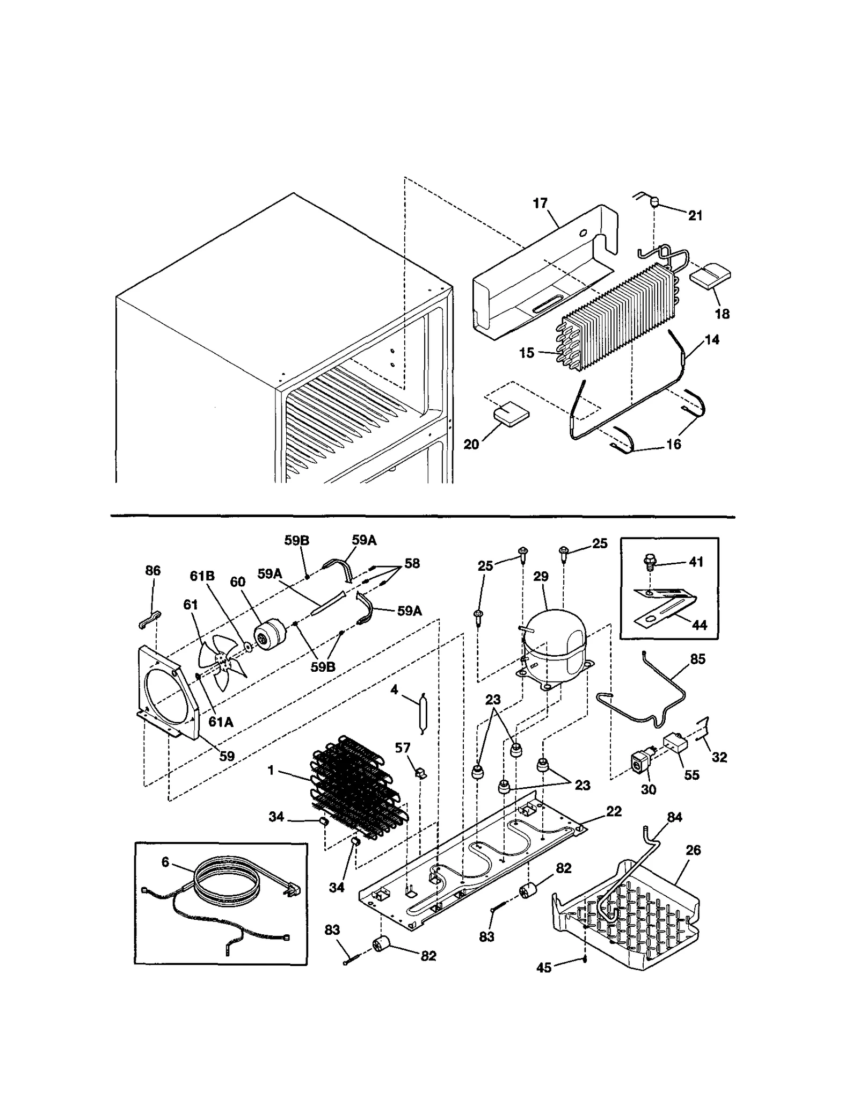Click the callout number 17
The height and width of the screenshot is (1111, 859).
point(540,203)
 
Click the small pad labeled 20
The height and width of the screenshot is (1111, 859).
point(511,415)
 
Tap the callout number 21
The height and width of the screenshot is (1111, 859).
point(695,215)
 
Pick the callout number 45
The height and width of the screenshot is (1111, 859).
point(544,968)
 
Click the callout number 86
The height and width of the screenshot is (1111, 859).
point(153,570)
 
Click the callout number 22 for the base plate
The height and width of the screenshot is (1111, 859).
point(614,811)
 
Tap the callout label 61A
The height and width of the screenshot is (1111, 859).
point(221,722)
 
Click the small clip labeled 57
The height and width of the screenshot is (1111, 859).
point(421,774)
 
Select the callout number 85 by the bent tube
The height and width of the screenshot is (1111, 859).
point(697,659)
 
